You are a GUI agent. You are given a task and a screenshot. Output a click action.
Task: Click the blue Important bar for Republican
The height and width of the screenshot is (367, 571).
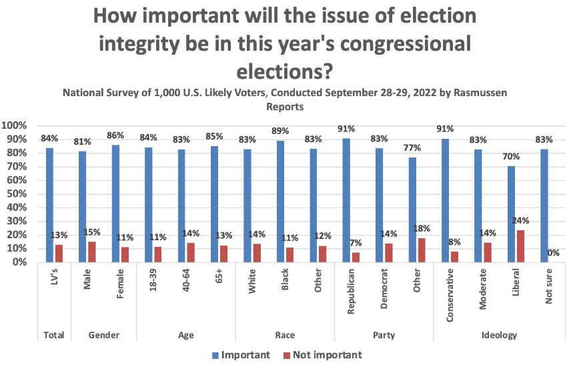click(x=346, y=200)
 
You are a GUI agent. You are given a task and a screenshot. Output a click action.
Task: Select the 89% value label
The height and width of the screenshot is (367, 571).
click(x=281, y=131)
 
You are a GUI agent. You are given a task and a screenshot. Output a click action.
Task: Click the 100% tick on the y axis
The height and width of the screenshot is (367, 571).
click(x=14, y=125)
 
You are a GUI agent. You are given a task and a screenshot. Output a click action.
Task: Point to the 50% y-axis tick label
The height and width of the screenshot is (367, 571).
click(x=16, y=194)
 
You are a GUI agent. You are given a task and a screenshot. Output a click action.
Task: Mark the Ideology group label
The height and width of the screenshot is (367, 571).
click(x=500, y=336)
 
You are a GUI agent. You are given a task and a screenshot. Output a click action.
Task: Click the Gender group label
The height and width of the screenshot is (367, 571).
click(x=103, y=336)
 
